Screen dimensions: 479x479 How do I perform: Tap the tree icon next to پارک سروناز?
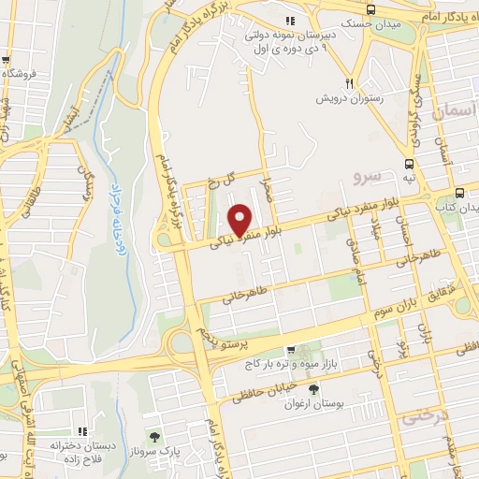[x=155, y=435]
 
